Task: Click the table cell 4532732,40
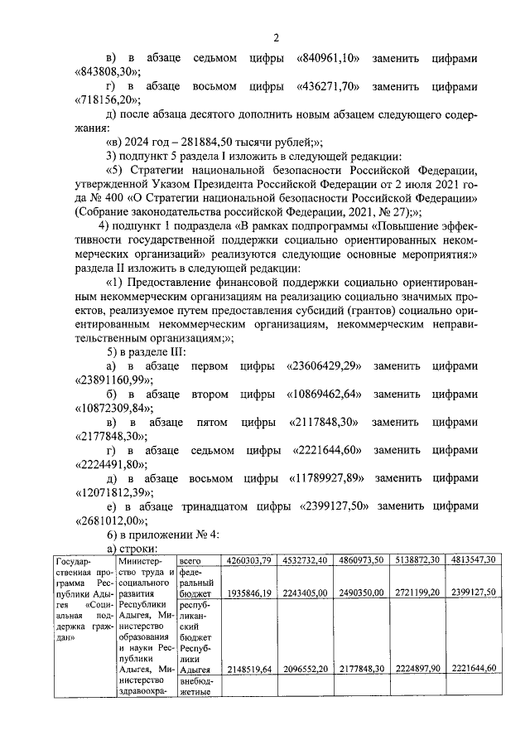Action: coord(305,560)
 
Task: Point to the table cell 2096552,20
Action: coord(305,668)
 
